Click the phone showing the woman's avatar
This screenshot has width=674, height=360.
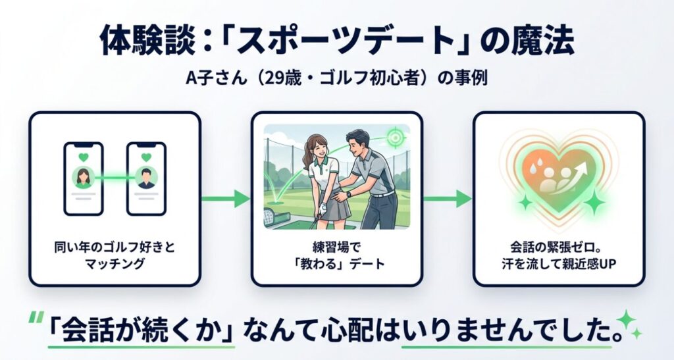click(83, 178)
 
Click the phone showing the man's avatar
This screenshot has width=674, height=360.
click(145, 178)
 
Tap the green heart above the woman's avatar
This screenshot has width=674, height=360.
click(83, 157)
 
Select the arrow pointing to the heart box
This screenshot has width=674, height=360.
click(448, 198)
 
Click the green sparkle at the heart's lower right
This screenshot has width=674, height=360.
click(594, 201)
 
